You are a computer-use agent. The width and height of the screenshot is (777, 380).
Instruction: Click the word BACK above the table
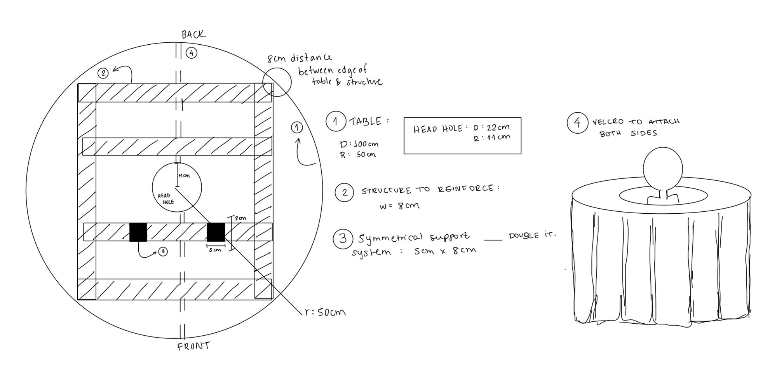193,35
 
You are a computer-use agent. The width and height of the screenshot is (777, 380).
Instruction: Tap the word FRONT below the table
193,346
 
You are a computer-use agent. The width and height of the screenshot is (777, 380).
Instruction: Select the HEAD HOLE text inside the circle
166,199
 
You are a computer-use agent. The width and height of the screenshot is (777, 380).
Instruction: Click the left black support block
138,232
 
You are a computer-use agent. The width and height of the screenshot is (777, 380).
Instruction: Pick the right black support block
216,232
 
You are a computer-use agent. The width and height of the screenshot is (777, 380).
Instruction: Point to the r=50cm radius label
326,312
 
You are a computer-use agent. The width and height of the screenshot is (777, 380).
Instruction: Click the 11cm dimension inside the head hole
184,176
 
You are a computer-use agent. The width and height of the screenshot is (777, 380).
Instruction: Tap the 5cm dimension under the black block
215,250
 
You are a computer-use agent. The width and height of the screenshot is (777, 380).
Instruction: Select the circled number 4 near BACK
191,52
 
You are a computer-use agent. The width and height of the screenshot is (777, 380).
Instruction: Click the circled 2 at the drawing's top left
103,73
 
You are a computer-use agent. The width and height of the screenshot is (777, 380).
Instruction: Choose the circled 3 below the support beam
163,251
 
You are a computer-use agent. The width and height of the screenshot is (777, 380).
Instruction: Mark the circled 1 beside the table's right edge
297,127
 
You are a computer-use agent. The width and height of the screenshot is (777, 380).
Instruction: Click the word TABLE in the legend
366,122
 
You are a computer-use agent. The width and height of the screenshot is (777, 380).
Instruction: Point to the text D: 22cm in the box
491,127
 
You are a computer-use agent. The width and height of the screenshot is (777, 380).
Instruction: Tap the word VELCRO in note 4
608,122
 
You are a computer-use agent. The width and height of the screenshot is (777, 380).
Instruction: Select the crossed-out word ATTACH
664,121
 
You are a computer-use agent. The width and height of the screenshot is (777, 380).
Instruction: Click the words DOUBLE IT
533,235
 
